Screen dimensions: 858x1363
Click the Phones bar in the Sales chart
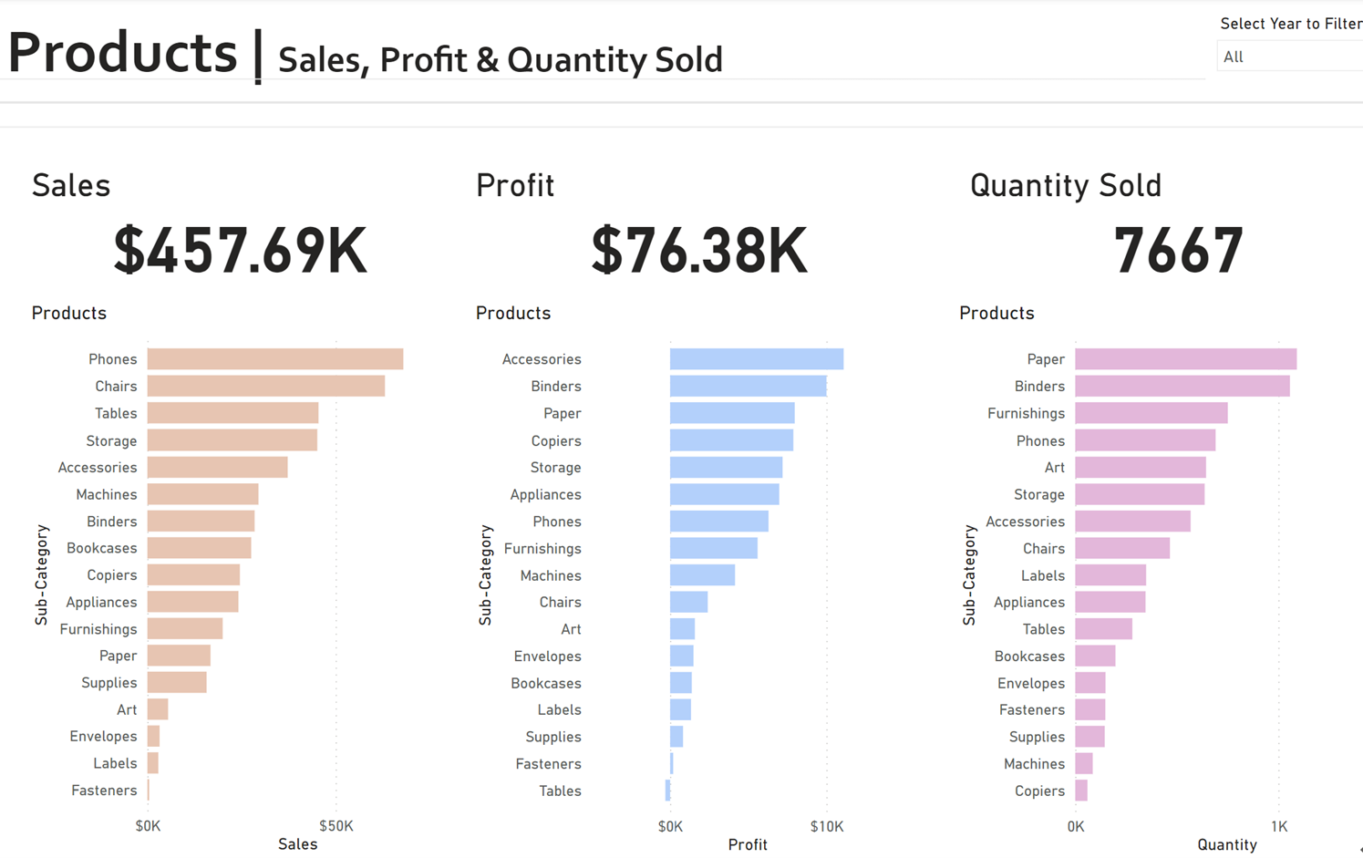click(274, 359)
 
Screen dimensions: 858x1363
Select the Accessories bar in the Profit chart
click(756, 359)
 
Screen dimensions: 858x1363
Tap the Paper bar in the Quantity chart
click(1185, 359)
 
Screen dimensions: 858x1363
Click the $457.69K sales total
click(241, 251)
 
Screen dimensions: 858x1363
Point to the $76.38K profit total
click(699, 251)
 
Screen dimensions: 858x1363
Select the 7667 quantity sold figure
click(1178, 251)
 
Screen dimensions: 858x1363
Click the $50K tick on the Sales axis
click(336, 826)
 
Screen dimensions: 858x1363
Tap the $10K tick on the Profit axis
click(826, 826)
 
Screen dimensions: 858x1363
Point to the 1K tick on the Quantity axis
click(1279, 826)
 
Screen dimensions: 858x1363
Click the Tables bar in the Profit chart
click(668, 791)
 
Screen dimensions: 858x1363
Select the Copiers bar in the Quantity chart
click(1081, 791)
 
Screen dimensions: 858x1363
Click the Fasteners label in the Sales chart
click(104, 791)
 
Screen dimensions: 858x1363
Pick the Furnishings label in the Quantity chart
click(1026, 413)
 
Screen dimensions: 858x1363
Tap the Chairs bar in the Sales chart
click(265, 387)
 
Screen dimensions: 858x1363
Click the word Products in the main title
click(123, 52)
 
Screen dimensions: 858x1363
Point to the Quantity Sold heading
click(1065, 185)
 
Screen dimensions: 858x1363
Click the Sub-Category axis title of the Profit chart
click(485, 574)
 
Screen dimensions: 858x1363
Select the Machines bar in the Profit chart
click(702, 575)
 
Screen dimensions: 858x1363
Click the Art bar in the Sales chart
click(158, 709)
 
